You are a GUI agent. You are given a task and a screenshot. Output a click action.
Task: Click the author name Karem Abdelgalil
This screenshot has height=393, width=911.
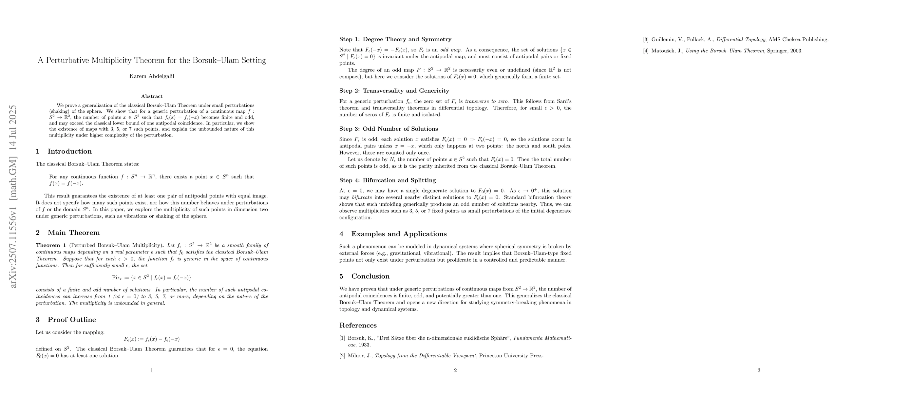(152, 76)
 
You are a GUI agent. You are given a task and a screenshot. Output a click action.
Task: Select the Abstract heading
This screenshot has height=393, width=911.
(152, 96)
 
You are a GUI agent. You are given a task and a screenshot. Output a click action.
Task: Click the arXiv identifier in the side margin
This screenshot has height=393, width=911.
(13, 196)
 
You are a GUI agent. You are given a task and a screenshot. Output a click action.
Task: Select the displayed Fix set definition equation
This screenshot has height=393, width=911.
(152, 277)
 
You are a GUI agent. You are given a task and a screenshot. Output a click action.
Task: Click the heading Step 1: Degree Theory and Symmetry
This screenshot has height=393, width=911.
(395, 39)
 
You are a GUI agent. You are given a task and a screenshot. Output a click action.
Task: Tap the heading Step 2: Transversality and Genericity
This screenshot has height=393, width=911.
(394, 91)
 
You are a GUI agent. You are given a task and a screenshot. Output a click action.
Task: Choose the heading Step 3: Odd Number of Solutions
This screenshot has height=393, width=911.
(388, 129)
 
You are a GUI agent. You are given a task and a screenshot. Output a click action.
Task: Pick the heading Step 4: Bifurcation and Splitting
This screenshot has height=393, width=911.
(387, 180)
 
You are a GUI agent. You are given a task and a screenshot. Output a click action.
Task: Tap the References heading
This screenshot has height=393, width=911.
(358, 326)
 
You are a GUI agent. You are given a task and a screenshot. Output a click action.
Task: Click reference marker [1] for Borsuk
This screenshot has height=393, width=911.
(342, 338)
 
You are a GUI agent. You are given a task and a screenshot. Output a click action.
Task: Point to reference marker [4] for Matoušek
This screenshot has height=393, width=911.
(646, 51)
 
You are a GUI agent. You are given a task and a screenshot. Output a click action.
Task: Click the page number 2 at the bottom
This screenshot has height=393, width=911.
(455, 370)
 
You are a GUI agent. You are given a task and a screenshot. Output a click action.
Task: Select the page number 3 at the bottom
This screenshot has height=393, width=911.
(759, 370)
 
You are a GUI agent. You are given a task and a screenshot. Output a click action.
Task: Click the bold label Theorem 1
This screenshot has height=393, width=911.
(51, 245)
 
